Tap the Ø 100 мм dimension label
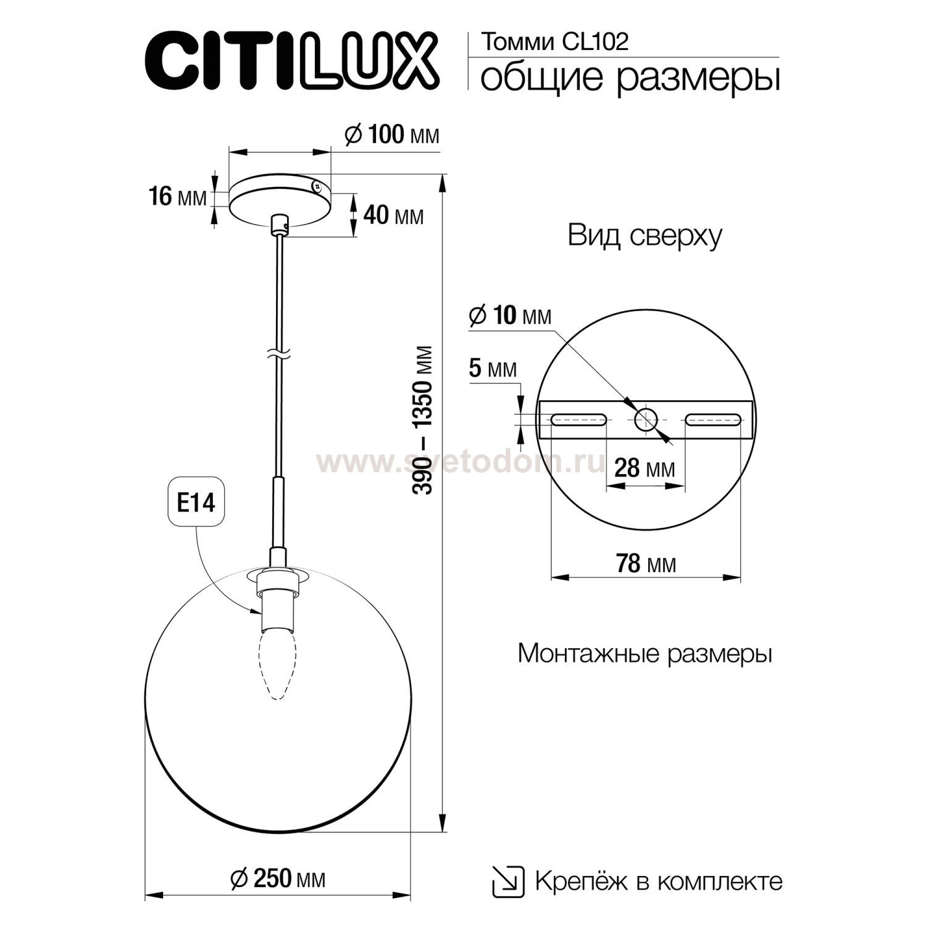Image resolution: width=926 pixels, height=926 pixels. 392,135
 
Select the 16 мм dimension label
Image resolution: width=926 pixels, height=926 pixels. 177,197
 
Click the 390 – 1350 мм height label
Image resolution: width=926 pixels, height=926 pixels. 423,420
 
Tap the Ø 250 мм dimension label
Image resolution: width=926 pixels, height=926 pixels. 277,878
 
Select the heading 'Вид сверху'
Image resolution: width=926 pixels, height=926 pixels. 644,236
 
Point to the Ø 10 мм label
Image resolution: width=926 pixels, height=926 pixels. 510,315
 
